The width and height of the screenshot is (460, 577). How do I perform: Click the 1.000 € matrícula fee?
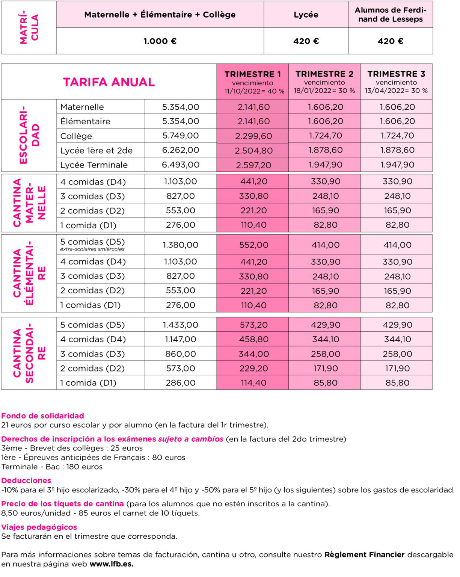[x=160, y=41]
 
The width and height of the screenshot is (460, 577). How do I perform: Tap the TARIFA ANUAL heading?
[x=109, y=82]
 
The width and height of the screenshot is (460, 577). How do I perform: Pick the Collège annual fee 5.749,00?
[x=181, y=136]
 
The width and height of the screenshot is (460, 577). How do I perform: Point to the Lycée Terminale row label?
[x=94, y=165]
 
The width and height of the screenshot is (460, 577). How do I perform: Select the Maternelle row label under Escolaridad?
[x=82, y=107]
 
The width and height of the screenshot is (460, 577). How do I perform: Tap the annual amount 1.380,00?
[x=181, y=245]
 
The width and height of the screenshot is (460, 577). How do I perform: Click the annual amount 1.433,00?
[x=181, y=325]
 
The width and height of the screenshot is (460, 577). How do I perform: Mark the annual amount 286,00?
[x=181, y=383]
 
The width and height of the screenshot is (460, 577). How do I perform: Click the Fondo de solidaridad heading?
[x=42, y=415]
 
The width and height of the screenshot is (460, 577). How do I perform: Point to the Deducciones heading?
[x=26, y=480]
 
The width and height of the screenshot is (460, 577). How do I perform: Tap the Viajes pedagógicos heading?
[x=39, y=527]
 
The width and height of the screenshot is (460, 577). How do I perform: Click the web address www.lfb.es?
[x=112, y=564]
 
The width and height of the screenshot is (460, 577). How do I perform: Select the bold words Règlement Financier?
[x=364, y=554]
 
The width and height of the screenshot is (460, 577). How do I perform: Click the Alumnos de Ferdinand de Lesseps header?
[x=391, y=15]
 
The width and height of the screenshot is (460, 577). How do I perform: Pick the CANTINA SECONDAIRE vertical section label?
[x=29, y=353]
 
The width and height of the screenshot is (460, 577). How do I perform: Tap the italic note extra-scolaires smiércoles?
[x=92, y=249]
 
